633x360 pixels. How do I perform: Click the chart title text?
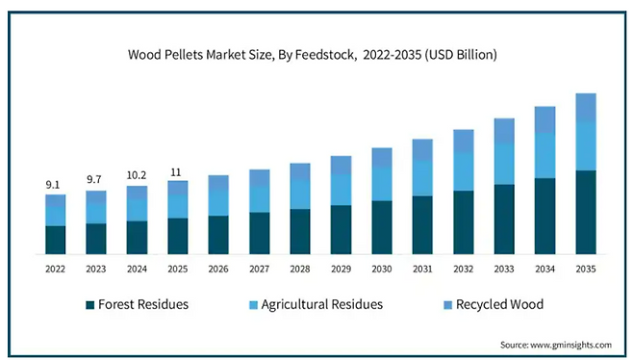pyautogui.click(x=312, y=55)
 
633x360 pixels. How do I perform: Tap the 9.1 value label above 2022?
pyautogui.click(x=53, y=185)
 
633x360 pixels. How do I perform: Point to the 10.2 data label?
pyautogui.click(x=137, y=175)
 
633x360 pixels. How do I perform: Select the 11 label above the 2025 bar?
pyautogui.click(x=176, y=172)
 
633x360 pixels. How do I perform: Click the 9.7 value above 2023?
pyautogui.click(x=94, y=179)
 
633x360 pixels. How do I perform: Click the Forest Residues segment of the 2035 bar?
pyautogui.click(x=586, y=212)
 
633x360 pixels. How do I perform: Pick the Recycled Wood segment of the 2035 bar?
pyautogui.click(x=586, y=107)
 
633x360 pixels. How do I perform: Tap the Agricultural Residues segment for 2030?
pyautogui.click(x=382, y=184)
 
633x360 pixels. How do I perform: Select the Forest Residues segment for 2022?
pyautogui.click(x=55, y=240)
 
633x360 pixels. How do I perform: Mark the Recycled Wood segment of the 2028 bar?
pyautogui.click(x=300, y=171)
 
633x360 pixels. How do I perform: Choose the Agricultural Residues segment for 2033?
pyautogui.click(x=504, y=164)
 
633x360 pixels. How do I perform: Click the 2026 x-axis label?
pyautogui.click(x=218, y=270)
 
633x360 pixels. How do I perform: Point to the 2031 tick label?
pyautogui.click(x=422, y=270)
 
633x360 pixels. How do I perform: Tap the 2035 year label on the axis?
pyautogui.click(x=586, y=270)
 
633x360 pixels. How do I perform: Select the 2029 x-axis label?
pyautogui.click(x=342, y=270)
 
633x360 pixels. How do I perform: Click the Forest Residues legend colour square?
pyautogui.click(x=90, y=305)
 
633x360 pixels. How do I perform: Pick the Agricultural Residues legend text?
pyautogui.click(x=321, y=304)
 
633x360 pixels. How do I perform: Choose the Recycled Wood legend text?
pyautogui.click(x=500, y=304)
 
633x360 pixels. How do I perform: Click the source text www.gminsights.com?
pyautogui.click(x=570, y=345)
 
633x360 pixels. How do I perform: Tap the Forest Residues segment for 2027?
pyautogui.click(x=259, y=233)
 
